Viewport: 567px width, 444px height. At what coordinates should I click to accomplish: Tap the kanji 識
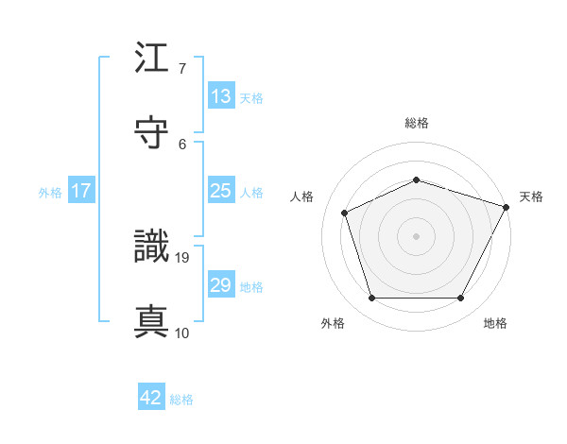(152, 248)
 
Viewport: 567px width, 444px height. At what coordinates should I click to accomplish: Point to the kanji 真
(152, 321)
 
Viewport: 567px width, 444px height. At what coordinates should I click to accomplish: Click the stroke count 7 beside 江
(182, 70)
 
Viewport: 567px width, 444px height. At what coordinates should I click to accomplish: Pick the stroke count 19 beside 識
(183, 257)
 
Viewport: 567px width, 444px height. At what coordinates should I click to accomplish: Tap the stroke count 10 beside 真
(182, 333)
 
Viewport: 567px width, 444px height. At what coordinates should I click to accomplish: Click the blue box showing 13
(220, 96)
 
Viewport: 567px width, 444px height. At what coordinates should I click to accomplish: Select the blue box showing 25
(220, 191)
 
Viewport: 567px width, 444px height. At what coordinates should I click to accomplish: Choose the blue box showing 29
(220, 285)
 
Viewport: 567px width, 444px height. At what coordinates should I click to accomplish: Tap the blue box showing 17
(81, 191)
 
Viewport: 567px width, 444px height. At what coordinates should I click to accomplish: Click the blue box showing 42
(151, 398)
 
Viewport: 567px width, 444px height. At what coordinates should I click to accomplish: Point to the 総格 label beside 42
(181, 400)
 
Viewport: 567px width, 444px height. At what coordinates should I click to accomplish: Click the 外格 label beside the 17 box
(50, 193)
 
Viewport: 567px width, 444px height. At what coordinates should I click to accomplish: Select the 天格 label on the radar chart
(532, 196)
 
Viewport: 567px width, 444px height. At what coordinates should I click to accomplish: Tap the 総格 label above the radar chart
(417, 123)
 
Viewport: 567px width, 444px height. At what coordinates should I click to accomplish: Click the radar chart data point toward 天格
(507, 207)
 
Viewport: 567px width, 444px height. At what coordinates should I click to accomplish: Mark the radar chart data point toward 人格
(345, 213)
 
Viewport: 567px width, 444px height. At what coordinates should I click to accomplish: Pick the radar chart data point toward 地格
(460, 298)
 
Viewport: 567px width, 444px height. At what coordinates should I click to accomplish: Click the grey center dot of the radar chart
(416, 236)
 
